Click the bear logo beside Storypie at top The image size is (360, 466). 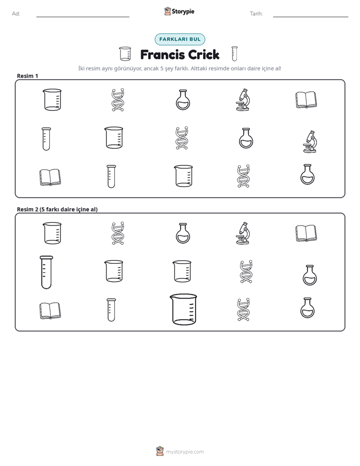pos(167,11)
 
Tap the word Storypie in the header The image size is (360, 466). pos(183,12)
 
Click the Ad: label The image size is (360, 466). pos(16,14)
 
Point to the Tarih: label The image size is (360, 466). pos(256,14)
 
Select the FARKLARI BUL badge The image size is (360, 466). pos(179,39)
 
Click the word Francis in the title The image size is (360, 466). pos(162,54)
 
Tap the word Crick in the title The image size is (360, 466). pos(204,54)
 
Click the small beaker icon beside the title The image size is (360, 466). pos(125,53)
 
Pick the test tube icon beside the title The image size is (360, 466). pos(234,53)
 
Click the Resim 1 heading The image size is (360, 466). pos(27,76)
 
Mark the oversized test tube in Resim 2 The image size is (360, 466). pos(46,272)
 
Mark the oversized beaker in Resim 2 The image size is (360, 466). pos(183,309)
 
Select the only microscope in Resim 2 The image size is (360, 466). pos(243,233)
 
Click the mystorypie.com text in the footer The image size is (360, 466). pos(185,452)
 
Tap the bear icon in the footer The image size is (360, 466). pos(160,451)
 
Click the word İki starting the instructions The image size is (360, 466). pos(81,69)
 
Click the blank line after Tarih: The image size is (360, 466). pos(311,17)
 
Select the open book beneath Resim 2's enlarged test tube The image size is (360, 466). pos(50,311)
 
